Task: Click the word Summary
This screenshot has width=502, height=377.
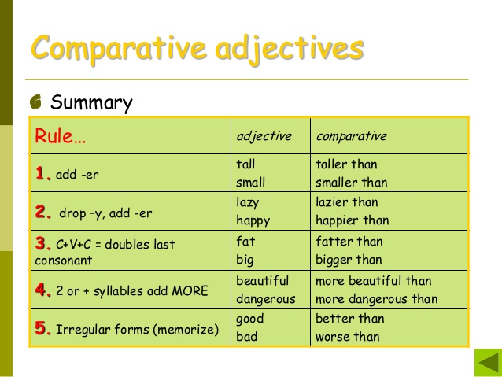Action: pyautogui.click(x=91, y=103)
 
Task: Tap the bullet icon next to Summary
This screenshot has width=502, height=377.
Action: pyautogui.click(x=36, y=103)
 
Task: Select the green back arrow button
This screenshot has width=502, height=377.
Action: pyautogui.click(x=487, y=364)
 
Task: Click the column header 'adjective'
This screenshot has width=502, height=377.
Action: pyautogui.click(x=264, y=136)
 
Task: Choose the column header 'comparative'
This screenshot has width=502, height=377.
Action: pyautogui.click(x=351, y=136)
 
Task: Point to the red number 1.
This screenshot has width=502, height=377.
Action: pyautogui.click(x=42, y=173)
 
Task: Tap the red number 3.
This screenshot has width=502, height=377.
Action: pyautogui.click(x=42, y=243)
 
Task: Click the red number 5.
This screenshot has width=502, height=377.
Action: pyautogui.click(x=42, y=328)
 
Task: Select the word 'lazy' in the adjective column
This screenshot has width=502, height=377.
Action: pyautogui.click(x=248, y=202)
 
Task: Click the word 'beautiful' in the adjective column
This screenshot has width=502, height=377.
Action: pyautogui.click(x=262, y=280)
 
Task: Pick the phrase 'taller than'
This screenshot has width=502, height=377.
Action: pyautogui.click(x=346, y=164)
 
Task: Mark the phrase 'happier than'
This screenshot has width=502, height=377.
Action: pyautogui.click(x=352, y=220)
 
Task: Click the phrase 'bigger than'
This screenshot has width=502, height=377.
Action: pyautogui.click(x=349, y=260)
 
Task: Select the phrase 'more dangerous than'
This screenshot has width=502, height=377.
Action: pyautogui.click(x=376, y=299)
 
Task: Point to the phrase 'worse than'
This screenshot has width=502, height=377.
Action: pyautogui.click(x=347, y=337)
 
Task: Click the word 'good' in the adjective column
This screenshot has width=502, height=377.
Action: pyautogui.click(x=249, y=319)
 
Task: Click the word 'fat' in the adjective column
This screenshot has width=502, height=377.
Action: pyautogui.click(x=245, y=242)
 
